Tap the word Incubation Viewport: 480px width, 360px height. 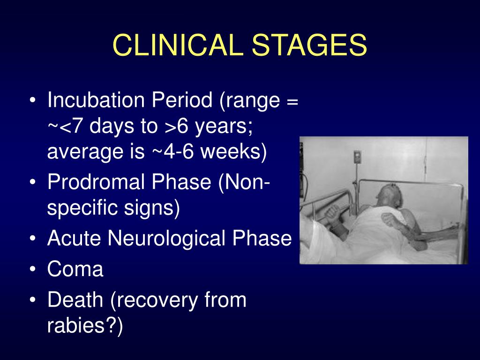coord(96,100)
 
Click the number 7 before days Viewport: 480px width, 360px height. coord(77,126)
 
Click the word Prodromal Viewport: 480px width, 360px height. coord(96,181)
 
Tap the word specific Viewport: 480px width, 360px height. coord(82,208)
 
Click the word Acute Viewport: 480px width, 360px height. coord(74,238)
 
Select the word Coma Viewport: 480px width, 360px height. coord(75,270)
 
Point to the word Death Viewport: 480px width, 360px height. coord(75,300)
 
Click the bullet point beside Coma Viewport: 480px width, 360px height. coord(33,270)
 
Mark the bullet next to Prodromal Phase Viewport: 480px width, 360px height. coord(33,182)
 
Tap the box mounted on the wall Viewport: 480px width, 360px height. coord(357,157)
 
